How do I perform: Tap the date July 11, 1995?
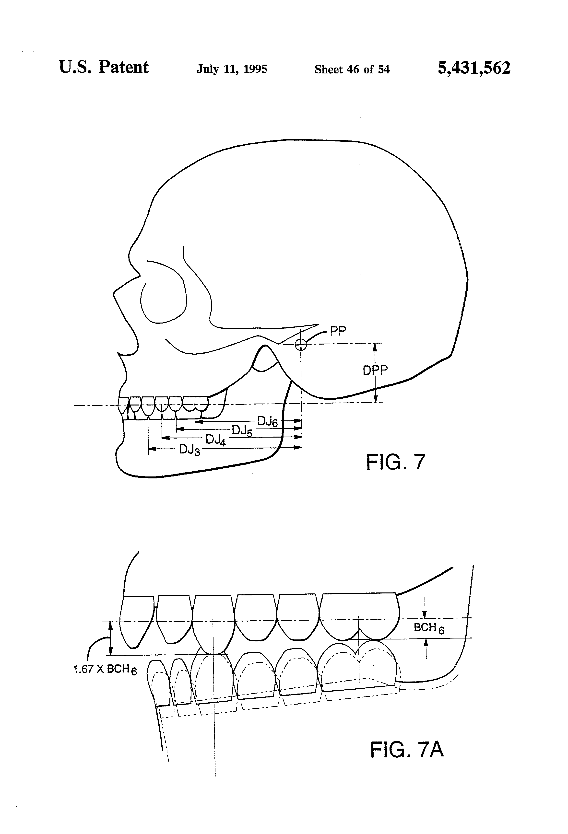point(232,69)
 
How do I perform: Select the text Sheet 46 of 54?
point(352,69)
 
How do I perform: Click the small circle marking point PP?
point(301,345)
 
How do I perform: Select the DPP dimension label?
point(375,370)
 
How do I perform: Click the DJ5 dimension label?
point(242,430)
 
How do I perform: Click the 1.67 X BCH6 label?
point(105,669)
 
